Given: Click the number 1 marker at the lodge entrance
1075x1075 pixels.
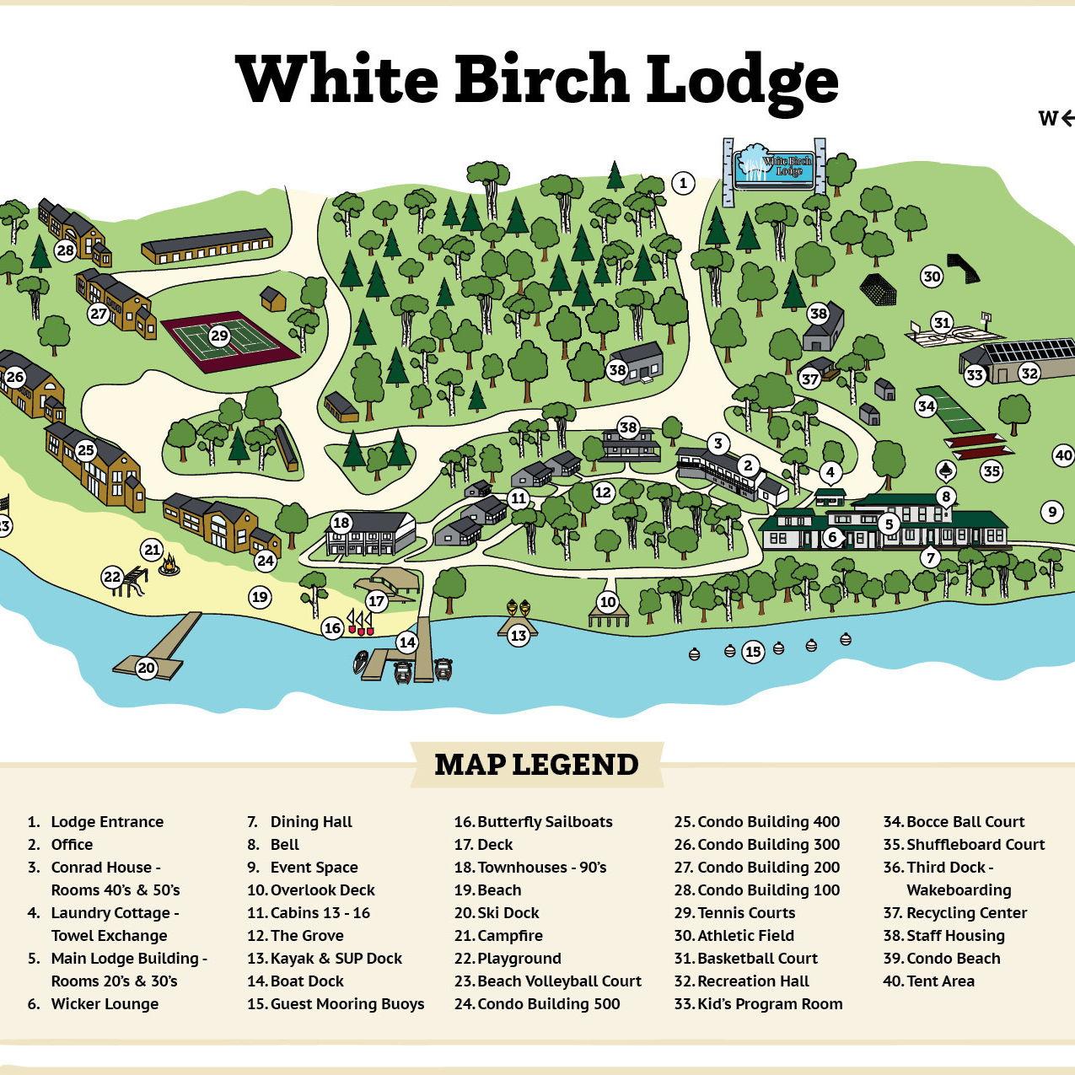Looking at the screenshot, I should [683, 182].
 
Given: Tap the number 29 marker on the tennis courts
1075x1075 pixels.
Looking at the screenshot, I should [219, 336].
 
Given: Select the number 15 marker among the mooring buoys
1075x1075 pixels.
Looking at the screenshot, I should [753, 651].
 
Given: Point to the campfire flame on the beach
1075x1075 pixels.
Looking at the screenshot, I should [170, 564].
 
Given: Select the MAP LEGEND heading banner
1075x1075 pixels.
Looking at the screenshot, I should [536, 764].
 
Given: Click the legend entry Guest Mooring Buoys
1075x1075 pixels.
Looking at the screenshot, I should [347, 1003].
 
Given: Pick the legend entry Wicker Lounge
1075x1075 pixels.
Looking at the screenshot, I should [105, 1003].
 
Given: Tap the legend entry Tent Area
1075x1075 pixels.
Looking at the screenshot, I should [939, 981].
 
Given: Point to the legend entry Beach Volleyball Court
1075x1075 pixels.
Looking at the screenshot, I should [558, 981].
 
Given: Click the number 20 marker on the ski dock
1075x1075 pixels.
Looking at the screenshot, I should [147, 669].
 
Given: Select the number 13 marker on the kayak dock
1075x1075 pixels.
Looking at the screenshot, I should [518, 636].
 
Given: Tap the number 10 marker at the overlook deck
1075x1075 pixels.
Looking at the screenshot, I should [608, 602].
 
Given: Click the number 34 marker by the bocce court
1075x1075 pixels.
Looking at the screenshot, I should [927, 406].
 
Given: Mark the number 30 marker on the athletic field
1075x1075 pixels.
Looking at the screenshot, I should [931, 277].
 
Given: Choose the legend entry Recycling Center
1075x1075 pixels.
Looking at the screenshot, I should [966, 912].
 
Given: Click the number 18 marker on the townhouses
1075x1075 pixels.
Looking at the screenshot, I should [341, 523].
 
